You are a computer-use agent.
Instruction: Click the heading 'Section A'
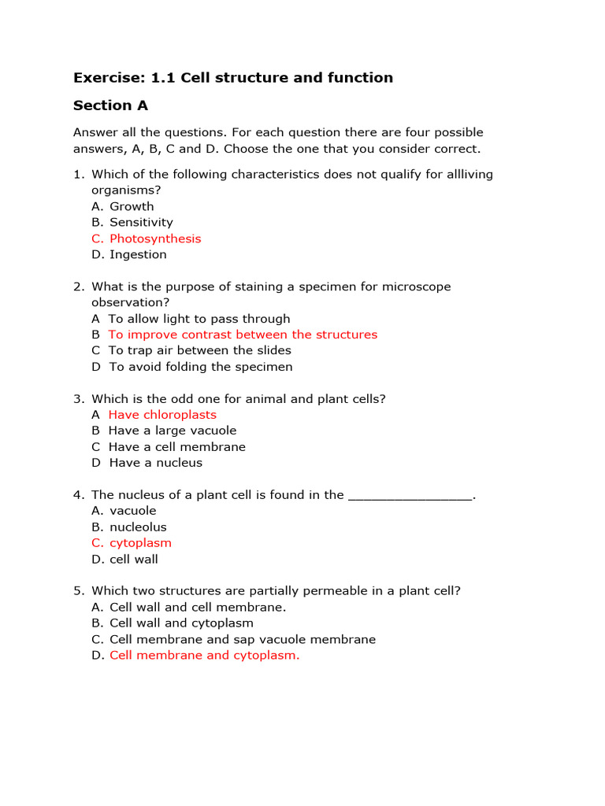pyautogui.click(x=110, y=105)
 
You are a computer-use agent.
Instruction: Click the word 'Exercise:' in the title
pyautogui.click(x=105, y=77)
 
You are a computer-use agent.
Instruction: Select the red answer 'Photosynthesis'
pyautogui.click(x=155, y=238)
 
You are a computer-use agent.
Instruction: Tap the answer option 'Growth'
pyautogui.click(x=132, y=206)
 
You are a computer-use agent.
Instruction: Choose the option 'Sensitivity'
pyautogui.click(x=141, y=223)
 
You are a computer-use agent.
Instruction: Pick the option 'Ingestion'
pyautogui.click(x=138, y=254)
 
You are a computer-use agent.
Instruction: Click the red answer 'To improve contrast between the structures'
pyautogui.click(x=243, y=335)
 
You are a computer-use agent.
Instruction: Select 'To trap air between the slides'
pyautogui.click(x=199, y=350)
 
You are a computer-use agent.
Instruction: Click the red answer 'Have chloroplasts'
pyautogui.click(x=162, y=415)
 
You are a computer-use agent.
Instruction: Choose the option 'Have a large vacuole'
pyautogui.click(x=172, y=431)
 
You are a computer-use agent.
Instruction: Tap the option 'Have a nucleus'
pyautogui.click(x=155, y=463)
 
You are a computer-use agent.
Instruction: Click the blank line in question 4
pyautogui.click(x=410, y=496)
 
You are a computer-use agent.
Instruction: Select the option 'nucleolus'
pyautogui.click(x=138, y=527)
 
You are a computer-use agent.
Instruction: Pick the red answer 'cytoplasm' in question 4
pyautogui.click(x=140, y=543)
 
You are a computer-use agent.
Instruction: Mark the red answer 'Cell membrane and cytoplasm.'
pyautogui.click(x=204, y=655)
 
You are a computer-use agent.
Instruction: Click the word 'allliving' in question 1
pyautogui.click(x=466, y=175)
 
